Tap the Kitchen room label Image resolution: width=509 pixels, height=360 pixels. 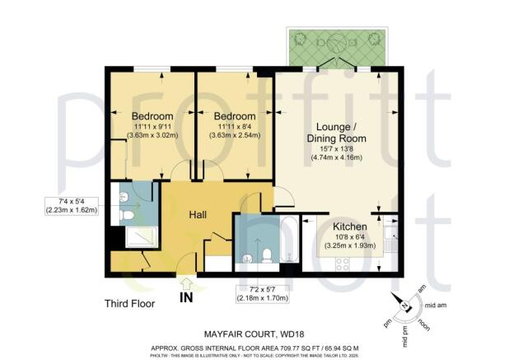point(353,225)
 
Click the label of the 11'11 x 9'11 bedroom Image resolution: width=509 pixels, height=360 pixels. point(152,115)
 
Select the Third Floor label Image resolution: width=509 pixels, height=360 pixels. point(130,302)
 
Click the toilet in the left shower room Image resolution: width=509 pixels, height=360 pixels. point(126,215)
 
